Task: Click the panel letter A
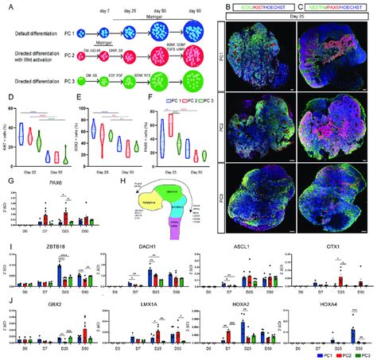coord(6,6)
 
